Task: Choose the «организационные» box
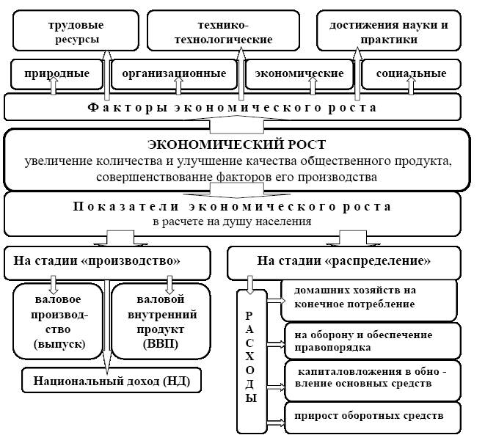pos(174,74)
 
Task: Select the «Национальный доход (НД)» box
pos(111,381)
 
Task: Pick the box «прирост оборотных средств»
pos(369,416)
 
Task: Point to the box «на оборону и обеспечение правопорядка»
pos(369,337)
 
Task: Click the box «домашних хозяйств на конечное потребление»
pos(369,296)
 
